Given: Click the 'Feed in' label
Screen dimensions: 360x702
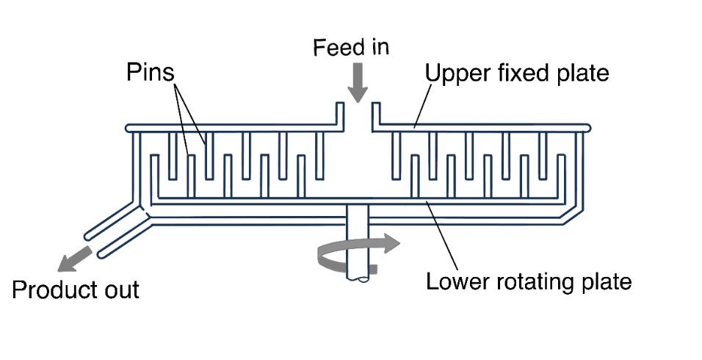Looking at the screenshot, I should (x=350, y=48).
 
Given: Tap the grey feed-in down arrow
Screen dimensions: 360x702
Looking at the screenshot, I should (x=358, y=83).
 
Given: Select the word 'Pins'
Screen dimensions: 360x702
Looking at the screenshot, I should (x=151, y=72).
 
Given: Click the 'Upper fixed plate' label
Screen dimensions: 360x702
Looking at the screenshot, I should (x=517, y=73).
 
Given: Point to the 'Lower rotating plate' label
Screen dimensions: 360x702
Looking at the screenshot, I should (x=529, y=281).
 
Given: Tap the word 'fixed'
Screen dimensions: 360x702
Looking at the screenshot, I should (x=518, y=73).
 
